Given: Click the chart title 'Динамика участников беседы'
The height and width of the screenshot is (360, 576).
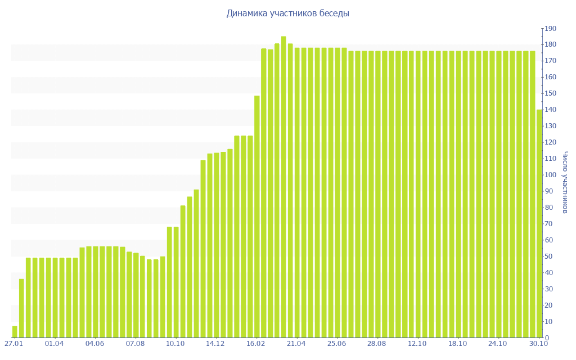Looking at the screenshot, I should point(287,13).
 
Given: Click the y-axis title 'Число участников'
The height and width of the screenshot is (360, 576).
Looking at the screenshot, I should point(565,183).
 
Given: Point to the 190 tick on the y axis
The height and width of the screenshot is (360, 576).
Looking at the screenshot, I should point(550,29).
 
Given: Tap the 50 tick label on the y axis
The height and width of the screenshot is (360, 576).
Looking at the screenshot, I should point(548,256).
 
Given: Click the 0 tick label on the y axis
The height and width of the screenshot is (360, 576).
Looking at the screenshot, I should point(547,337).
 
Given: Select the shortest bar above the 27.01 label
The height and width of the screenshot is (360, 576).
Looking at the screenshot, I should point(15,332).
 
